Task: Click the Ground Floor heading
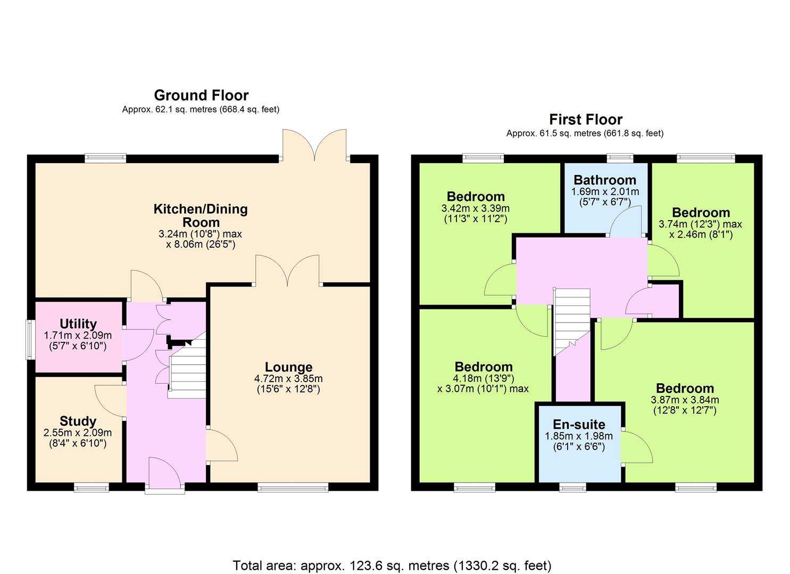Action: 201,96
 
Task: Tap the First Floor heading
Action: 585,120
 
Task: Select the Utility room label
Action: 78,324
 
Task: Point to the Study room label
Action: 78,421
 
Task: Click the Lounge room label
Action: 288,367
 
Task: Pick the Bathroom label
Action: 605,180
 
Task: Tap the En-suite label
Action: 579,424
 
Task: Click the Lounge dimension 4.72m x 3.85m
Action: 288,379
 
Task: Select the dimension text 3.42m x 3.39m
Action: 476,208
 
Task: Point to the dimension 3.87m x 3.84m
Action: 685,400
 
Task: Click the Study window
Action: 92,487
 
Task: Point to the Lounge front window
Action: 293,487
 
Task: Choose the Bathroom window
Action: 620,158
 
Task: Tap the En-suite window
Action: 573,487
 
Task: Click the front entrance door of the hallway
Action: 165,476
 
